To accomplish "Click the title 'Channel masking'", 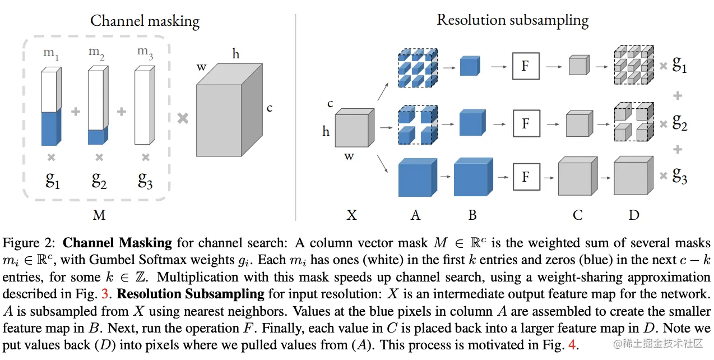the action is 145,21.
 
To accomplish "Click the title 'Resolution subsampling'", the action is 513,20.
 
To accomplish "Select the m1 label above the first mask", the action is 51,54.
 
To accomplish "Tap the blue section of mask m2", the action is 98,135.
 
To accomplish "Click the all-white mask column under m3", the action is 145,105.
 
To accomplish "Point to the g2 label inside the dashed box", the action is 99,181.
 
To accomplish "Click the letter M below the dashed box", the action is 99,215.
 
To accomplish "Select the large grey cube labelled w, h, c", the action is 229,110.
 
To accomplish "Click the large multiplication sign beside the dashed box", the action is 183,118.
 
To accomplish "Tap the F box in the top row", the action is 526,66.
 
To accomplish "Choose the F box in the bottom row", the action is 526,177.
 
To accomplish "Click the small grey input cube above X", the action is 354,127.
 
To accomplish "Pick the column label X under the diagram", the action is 351,215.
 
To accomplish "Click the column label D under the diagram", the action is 634,215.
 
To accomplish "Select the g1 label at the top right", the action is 679,64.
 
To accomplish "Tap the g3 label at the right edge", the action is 680,176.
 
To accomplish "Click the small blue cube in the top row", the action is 470,66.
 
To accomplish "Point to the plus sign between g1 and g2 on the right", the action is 678,96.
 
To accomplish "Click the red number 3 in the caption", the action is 105,294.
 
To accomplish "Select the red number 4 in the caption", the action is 572,345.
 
